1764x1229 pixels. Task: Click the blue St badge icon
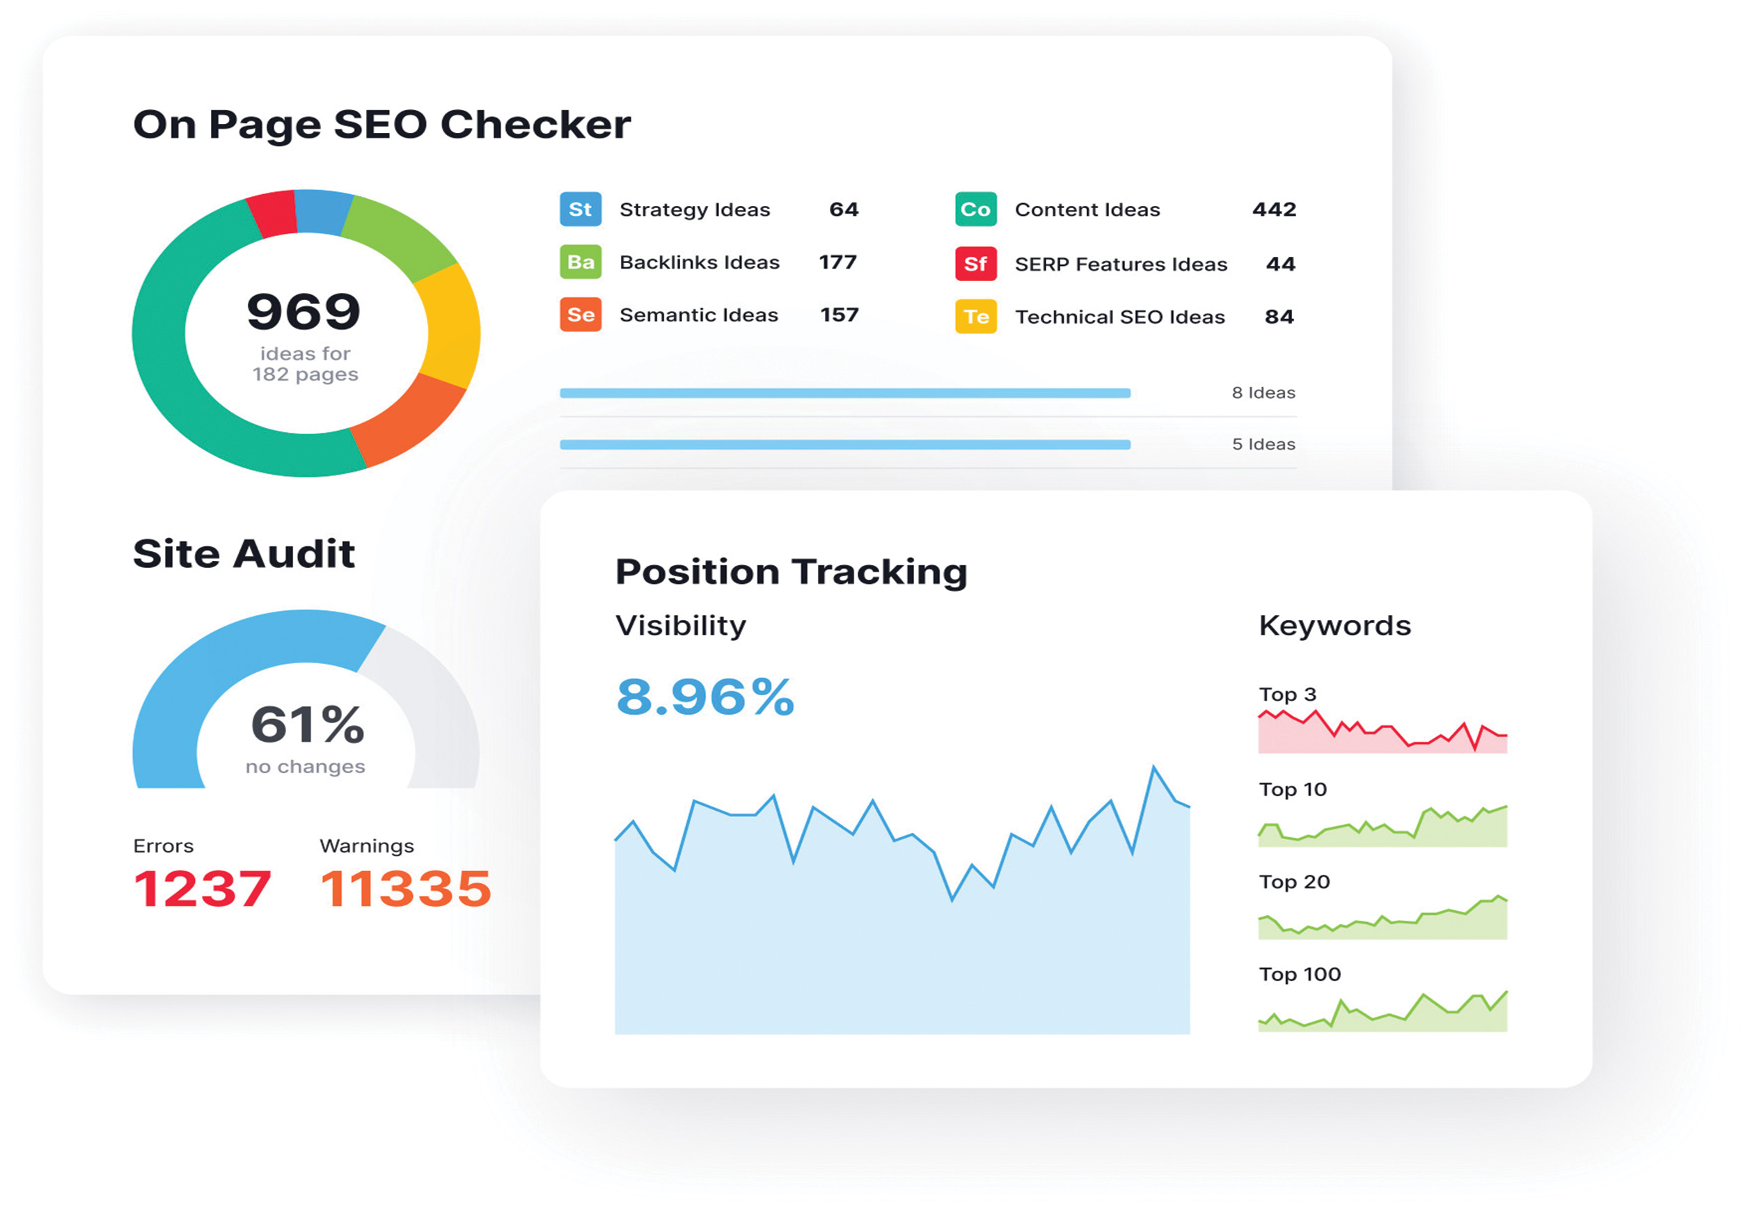pos(580,209)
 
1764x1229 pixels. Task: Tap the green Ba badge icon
pos(580,262)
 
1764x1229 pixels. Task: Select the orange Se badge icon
pos(580,315)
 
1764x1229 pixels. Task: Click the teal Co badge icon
pos(975,209)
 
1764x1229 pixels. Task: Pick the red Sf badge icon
pos(975,264)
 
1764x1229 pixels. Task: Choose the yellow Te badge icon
pos(975,317)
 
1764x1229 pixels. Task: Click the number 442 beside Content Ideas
pos(1274,209)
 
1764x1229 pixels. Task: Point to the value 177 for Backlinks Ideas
pos(837,262)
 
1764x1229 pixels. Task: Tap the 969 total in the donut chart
pos(304,311)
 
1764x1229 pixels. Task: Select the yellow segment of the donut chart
pos(450,326)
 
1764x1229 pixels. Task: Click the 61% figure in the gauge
pos(307,724)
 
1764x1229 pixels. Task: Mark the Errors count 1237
pos(202,889)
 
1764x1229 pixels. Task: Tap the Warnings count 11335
pos(406,889)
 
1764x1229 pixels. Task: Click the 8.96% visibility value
pos(705,697)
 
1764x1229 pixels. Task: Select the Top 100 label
pos(1299,974)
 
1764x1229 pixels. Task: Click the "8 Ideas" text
pos(1263,393)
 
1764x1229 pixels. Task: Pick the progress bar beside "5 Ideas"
pos(845,445)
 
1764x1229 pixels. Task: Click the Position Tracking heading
pos(792,571)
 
